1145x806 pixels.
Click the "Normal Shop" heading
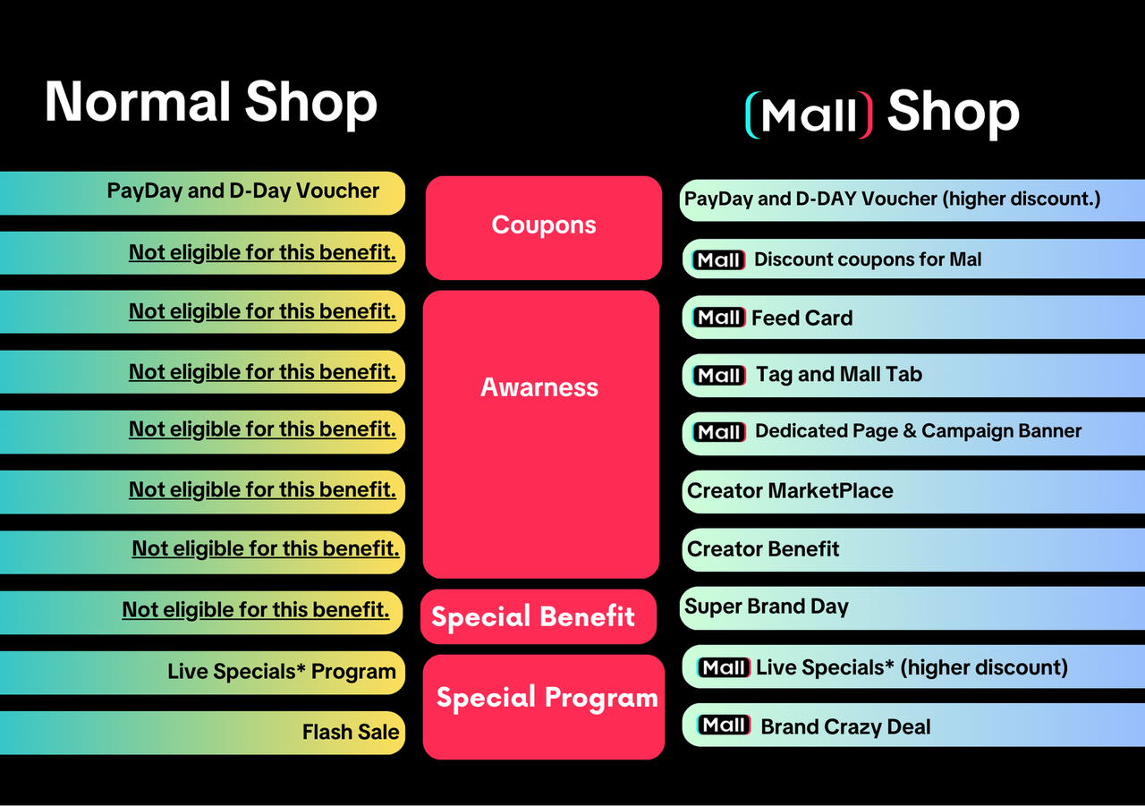211,102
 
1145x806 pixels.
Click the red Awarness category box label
539,387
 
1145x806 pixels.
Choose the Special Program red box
547,698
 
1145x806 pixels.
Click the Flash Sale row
351,732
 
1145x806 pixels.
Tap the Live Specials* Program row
281,672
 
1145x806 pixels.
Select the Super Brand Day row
767,607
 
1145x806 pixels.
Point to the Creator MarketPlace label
790,490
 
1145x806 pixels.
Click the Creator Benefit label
763,548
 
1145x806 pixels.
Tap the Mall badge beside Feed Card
719,318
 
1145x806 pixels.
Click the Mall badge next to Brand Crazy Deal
724,725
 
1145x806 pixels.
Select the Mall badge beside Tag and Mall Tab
719,376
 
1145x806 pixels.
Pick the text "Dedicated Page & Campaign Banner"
918,431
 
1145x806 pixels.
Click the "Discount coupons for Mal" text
868,259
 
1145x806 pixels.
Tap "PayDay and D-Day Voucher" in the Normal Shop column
243,191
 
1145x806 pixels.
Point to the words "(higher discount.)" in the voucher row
1022,199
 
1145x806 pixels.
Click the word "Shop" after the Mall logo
953,113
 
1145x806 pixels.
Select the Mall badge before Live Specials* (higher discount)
724,667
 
